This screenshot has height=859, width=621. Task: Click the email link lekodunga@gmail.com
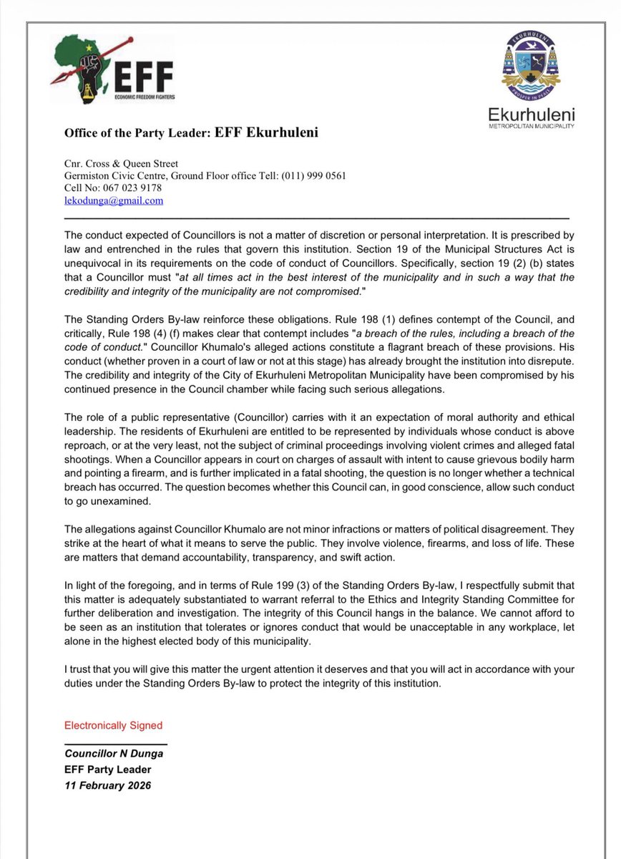[x=114, y=201]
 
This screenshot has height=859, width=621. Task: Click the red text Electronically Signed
[x=113, y=725]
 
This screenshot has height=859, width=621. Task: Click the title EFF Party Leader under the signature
[x=108, y=770]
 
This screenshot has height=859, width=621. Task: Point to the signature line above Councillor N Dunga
[x=116, y=744]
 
